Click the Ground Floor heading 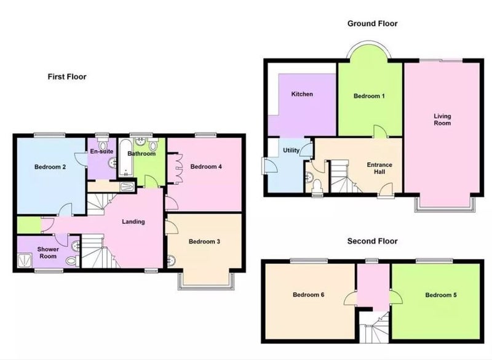372,23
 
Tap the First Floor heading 67,76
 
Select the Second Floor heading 372,241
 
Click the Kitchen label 302,94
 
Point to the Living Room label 442,119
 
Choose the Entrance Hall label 379,168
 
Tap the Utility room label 291,150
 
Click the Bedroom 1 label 369,96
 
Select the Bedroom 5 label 441,295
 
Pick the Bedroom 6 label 308,295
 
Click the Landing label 133,222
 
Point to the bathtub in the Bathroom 126,158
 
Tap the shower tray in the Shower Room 25,260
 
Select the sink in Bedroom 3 171,261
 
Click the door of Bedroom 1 379,132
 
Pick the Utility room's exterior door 269,166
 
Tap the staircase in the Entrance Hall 344,177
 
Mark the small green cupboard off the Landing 29,225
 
